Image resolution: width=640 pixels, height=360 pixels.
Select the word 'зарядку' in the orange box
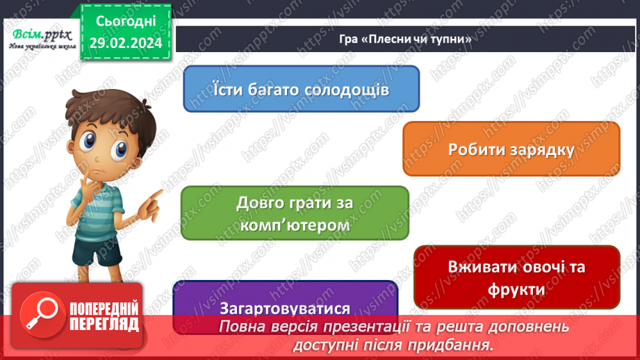click(x=543, y=149)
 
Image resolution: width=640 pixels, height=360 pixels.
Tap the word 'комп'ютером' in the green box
click(x=295, y=226)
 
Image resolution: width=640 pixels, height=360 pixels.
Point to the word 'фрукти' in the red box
click(x=517, y=289)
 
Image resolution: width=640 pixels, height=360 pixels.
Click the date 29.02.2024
click(x=124, y=43)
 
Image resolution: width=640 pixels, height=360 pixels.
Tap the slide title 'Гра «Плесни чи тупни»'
click(x=407, y=40)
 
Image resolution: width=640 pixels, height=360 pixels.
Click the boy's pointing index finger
click(x=160, y=191)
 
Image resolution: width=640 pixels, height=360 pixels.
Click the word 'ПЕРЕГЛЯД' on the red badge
click(x=104, y=324)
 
